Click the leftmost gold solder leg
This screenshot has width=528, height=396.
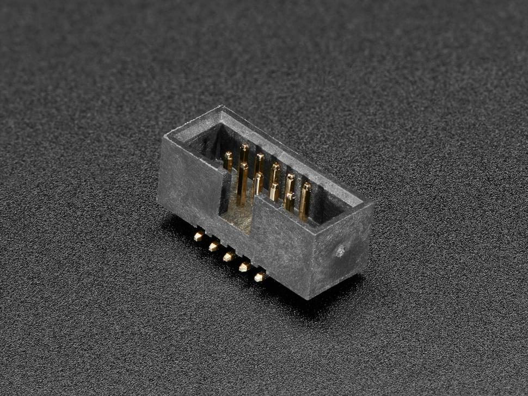coord(199,236)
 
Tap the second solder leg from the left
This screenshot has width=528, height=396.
coord(214,246)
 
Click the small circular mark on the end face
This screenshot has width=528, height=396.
coord(340,251)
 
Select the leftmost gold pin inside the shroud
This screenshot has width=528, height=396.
coord(228,161)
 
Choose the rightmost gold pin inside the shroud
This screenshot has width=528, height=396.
coord(305,200)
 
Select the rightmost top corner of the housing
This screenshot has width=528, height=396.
coord(373,204)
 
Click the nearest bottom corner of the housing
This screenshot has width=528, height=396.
coord(309,299)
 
